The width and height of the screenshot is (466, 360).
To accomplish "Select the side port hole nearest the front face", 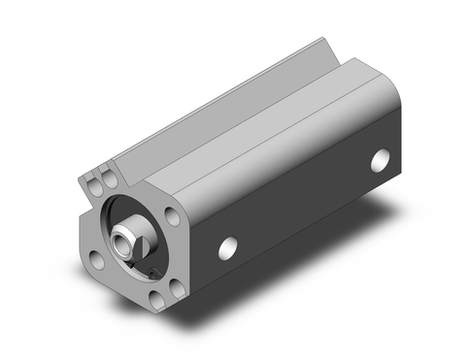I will (228, 248).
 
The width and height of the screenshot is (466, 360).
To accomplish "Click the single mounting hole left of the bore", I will (96, 259).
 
